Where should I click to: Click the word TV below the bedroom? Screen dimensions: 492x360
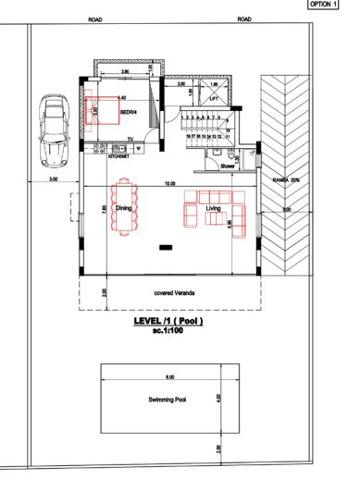point(130,139)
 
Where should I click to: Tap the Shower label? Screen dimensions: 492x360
point(229,166)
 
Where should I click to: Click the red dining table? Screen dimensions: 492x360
point(123,211)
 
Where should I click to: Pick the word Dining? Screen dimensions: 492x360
point(124,209)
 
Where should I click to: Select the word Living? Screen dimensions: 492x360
point(214,210)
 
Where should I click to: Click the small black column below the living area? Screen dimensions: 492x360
point(168,247)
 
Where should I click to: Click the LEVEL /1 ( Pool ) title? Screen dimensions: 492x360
point(168,321)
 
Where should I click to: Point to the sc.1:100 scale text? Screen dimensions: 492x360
point(169,331)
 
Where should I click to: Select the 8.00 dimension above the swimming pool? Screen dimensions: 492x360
point(169,377)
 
